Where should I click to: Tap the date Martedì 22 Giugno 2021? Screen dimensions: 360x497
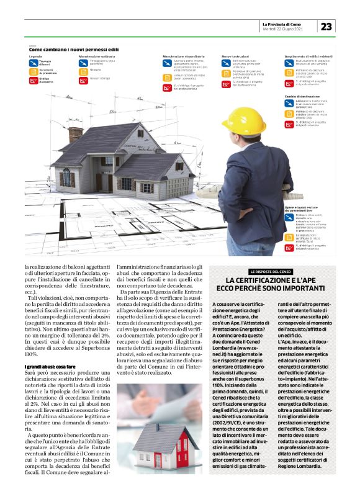[x=282, y=29]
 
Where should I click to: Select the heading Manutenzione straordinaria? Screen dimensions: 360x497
[x=177, y=56]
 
